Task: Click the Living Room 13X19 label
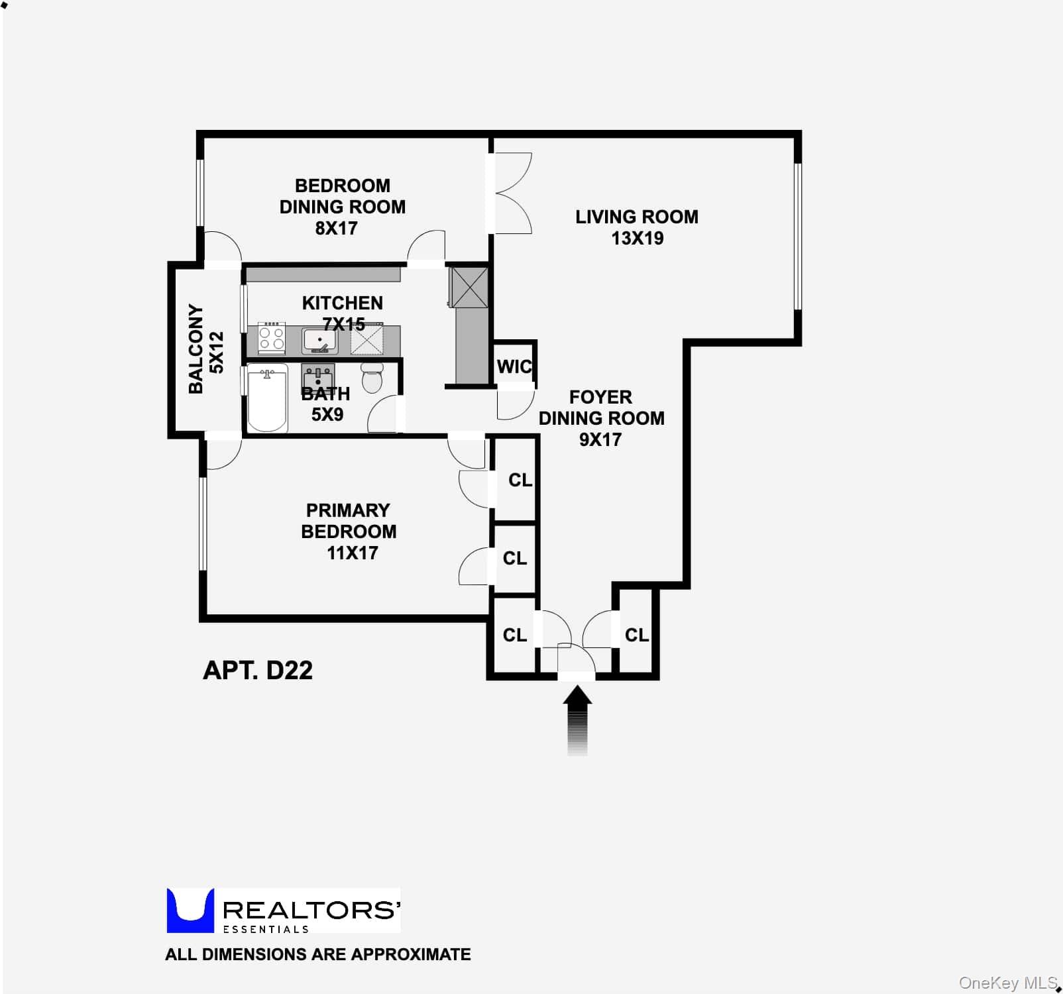tap(636, 227)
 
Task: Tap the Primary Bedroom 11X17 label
tap(349, 531)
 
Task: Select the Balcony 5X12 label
tap(206, 349)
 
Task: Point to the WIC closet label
tap(514, 366)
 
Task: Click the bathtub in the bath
tap(267, 400)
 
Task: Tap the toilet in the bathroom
tap(372, 378)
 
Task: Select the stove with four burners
tap(271, 339)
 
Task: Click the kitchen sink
tap(320, 341)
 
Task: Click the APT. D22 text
tap(258, 670)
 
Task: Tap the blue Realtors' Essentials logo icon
tap(190, 911)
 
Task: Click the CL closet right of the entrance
tap(636, 635)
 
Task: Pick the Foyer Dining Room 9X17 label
tap(601, 418)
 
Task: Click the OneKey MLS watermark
tap(1008, 983)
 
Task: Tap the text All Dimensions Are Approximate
tap(318, 954)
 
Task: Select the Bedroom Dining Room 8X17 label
tap(342, 207)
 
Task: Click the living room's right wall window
tap(798, 237)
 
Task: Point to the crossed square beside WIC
tap(469, 287)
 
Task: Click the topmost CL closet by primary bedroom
tap(520, 480)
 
